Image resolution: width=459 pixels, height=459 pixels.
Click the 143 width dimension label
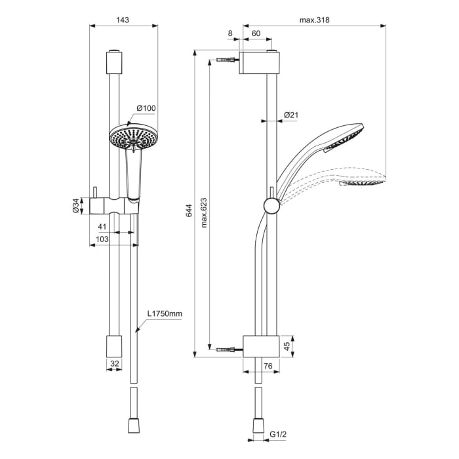(122, 20)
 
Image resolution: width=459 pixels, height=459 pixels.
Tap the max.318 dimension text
(314, 20)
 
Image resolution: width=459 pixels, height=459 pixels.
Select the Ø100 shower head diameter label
(146, 108)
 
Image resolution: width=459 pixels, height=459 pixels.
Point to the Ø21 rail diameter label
(291, 115)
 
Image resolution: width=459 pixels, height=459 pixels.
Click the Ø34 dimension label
(75, 206)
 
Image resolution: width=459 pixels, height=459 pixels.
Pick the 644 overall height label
(188, 210)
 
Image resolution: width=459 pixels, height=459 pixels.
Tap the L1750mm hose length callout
(164, 315)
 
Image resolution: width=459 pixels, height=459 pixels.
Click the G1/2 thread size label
(279, 434)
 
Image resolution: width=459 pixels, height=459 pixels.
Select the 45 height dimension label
(286, 346)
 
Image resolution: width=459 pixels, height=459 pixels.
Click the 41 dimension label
(102, 226)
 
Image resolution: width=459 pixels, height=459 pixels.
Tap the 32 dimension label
(115, 363)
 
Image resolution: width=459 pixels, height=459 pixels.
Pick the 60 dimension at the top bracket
(256, 32)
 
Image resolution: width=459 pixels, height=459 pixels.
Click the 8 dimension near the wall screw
(230, 32)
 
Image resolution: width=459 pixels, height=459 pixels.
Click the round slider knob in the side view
(269, 206)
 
